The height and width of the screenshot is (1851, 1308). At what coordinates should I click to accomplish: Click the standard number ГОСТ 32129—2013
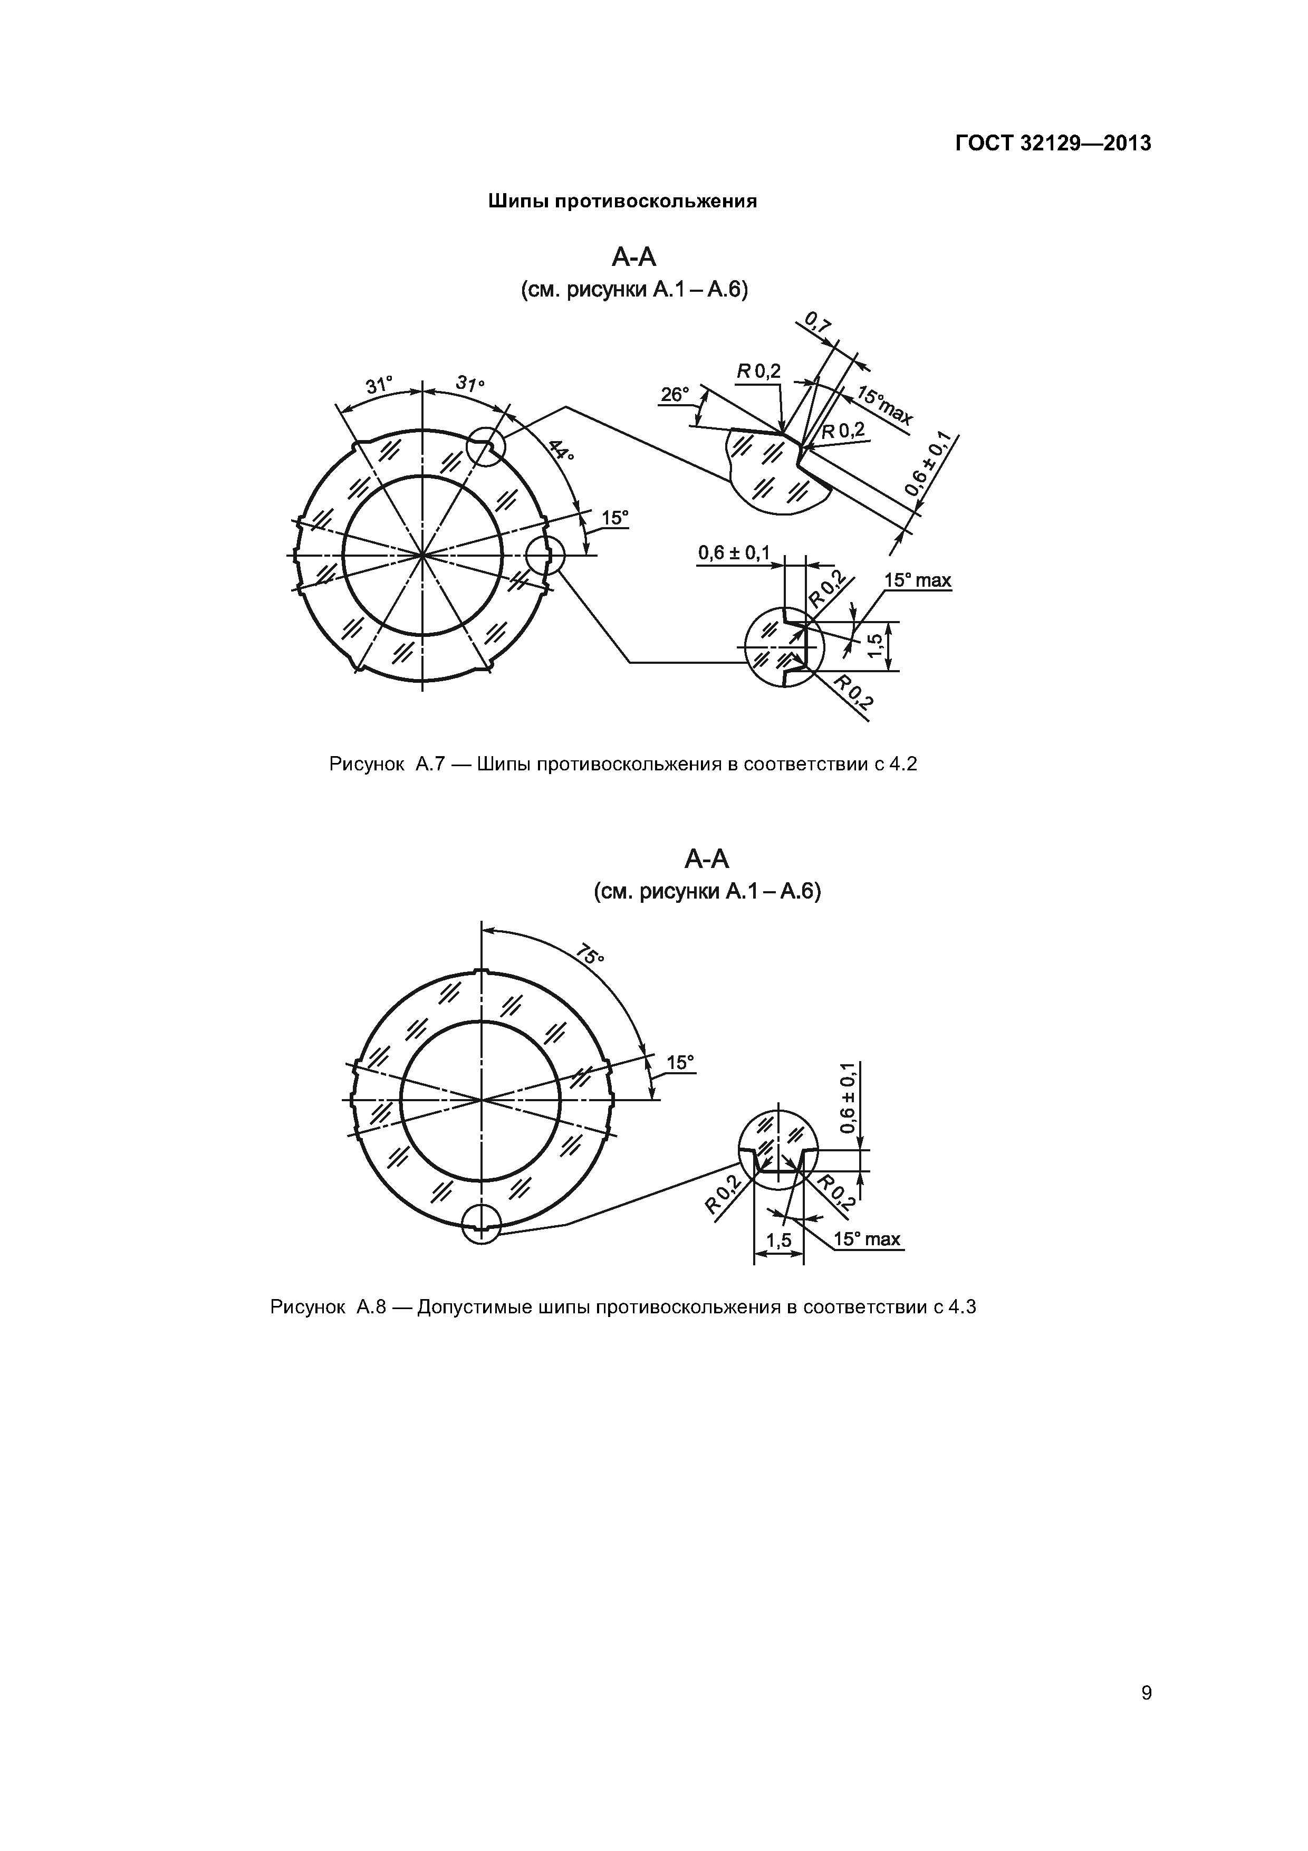pos(1053,144)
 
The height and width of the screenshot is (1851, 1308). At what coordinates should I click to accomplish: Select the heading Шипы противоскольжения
pos(622,202)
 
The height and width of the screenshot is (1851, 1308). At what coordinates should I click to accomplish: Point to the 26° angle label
pos(675,395)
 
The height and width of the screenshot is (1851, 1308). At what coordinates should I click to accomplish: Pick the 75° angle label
pos(591,956)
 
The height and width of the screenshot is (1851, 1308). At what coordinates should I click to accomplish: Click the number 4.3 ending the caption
pos(961,1308)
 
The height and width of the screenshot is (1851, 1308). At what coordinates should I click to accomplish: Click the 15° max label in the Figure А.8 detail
pos(867,1239)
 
